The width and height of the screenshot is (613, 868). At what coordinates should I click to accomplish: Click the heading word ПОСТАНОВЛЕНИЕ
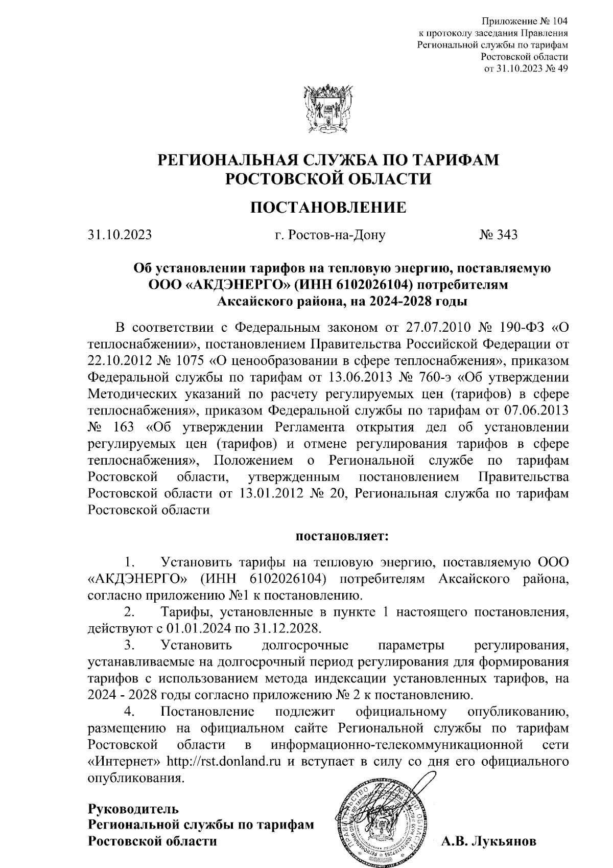[x=328, y=207]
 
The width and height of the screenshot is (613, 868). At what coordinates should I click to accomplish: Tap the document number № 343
[x=498, y=235]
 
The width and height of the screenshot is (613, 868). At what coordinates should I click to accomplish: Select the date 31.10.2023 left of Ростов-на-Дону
[x=120, y=235]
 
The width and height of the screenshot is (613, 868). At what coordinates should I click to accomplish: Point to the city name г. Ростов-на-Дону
[x=329, y=235]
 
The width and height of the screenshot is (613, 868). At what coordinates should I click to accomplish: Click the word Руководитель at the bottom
[x=134, y=809]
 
